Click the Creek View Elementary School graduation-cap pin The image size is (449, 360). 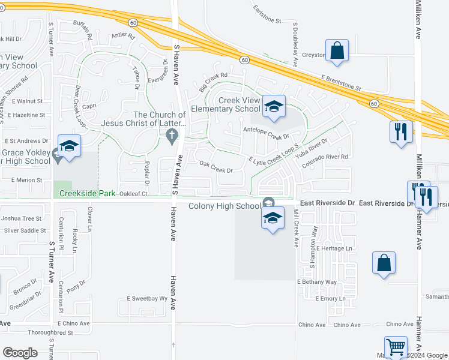[x=274, y=107]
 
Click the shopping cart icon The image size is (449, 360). [x=396, y=346]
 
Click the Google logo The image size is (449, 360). [x=20, y=353]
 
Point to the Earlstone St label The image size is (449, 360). [x=267, y=21]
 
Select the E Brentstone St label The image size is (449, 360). [x=341, y=83]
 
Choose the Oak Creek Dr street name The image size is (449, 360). [x=215, y=166]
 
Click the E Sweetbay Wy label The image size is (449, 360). [x=146, y=298]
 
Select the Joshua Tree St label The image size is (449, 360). [x=21, y=219]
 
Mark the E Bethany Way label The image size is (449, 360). [x=317, y=281]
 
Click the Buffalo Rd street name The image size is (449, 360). [x=83, y=28]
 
